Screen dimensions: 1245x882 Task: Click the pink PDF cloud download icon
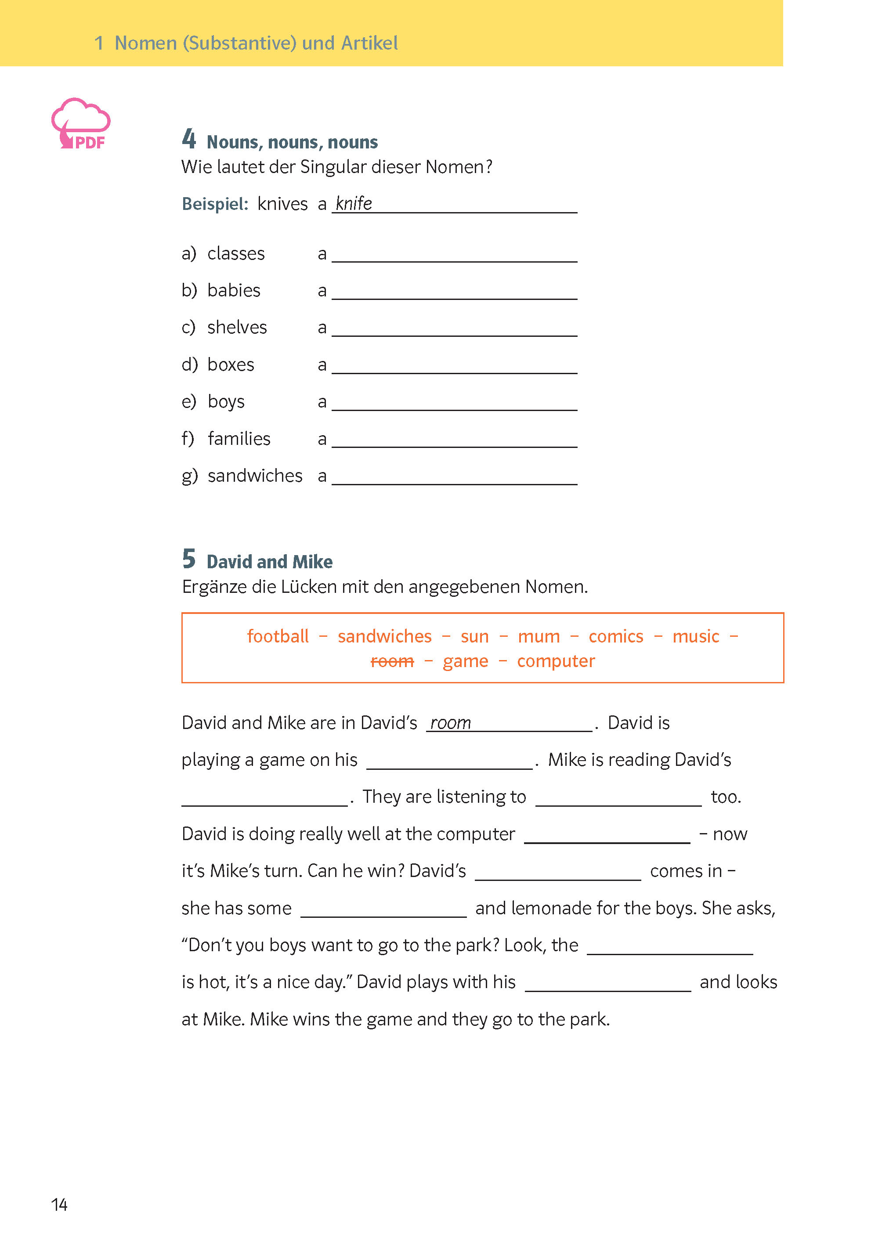click(x=81, y=124)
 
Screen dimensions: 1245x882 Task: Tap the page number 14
click(x=59, y=1204)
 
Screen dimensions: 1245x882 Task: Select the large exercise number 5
click(x=188, y=558)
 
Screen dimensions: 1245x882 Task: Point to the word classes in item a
click(x=236, y=253)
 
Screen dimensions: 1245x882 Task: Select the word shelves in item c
click(x=237, y=328)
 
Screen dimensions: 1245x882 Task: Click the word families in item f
click(x=239, y=439)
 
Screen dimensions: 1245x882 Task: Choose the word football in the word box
click(x=278, y=636)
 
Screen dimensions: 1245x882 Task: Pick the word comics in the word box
click(x=615, y=636)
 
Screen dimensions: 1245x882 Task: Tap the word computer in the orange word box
click(x=556, y=661)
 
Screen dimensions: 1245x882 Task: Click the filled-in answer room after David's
click(x=450, y=723)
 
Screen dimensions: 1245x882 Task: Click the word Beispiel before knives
click(x=214, y=204)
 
